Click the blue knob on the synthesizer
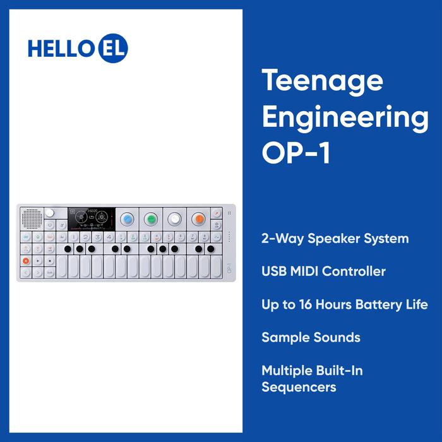[x=127, y=219]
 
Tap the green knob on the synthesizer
[x=150, y=219]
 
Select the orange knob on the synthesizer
[x=198, y=219]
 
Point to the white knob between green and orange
[x=174, y=219]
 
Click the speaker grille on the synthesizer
[x=30, y=220]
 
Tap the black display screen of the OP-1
[x=91, y=219]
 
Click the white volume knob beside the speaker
[x=49, y=213]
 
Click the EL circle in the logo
[x=113, y=49]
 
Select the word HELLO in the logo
[x=62, y=49]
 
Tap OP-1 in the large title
[x=296, y=154]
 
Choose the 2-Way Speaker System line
[x=335, y=239]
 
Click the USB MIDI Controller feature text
[x=323, y=272]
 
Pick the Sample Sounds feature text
[x=311, y=337]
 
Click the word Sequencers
[x=299, y=386]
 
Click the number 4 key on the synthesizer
[x=109, y=237]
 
